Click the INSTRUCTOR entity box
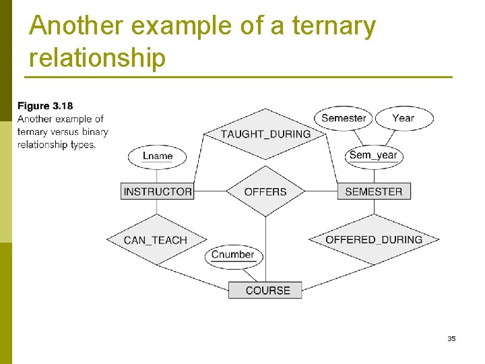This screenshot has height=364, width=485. (158, 191)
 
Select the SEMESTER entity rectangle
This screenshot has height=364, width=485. (373, 191)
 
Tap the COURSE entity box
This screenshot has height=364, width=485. (267, 291)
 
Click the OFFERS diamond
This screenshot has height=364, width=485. (265, 191)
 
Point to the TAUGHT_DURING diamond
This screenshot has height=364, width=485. (265, 133)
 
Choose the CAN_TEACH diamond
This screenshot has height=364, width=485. (156, 240)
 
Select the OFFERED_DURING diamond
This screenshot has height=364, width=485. (374, 239)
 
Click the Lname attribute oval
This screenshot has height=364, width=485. (158, 156)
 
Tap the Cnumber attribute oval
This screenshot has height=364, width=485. (233, 255)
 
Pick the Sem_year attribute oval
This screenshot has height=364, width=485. (373, 155)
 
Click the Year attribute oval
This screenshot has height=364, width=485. (403, 118)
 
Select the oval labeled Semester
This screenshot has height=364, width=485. (344, 118)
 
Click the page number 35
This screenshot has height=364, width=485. (451, 338)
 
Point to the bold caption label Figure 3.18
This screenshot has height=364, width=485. (45, 106)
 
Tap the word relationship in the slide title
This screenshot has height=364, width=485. (97, 58)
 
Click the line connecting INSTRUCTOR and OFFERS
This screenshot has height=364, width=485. (209, 191)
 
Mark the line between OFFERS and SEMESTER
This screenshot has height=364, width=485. (321, 191)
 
